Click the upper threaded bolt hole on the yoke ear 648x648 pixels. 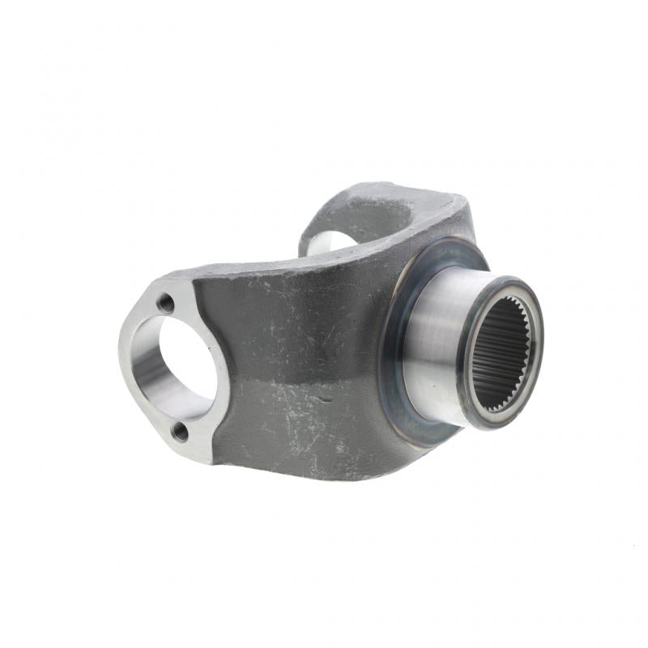tap(166, 303)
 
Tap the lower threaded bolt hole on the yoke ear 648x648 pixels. tap(181, 432)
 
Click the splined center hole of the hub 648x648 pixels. tap(500, 352)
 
